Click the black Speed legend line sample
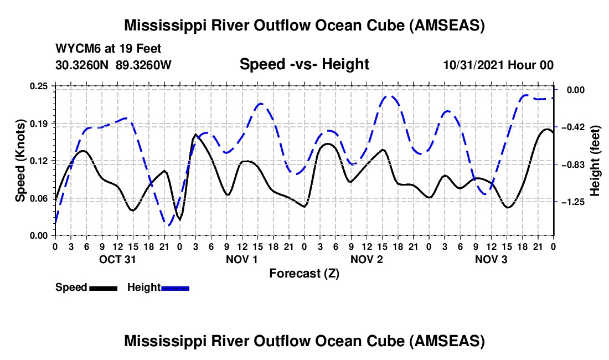[102, 288]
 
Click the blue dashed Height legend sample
[175, 288]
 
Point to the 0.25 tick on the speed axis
[39, 86]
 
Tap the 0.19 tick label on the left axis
[39, 123]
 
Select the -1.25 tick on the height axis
[572, 202]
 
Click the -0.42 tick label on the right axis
[572, 127]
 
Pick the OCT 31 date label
[117, 259]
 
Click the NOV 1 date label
[242, 259]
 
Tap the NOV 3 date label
[491, 259]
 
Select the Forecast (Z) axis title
[304, 273]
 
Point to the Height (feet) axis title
[595, 161]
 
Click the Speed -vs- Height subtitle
[304, 65]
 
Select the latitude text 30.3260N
[82, 65]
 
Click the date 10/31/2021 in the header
[472, 65]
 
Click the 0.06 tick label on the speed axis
[39, 198]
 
